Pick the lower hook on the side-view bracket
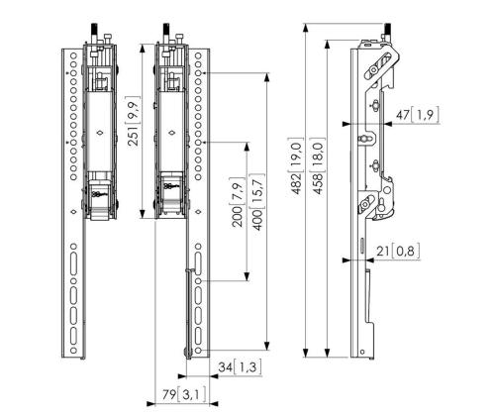[x=382, y=204]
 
